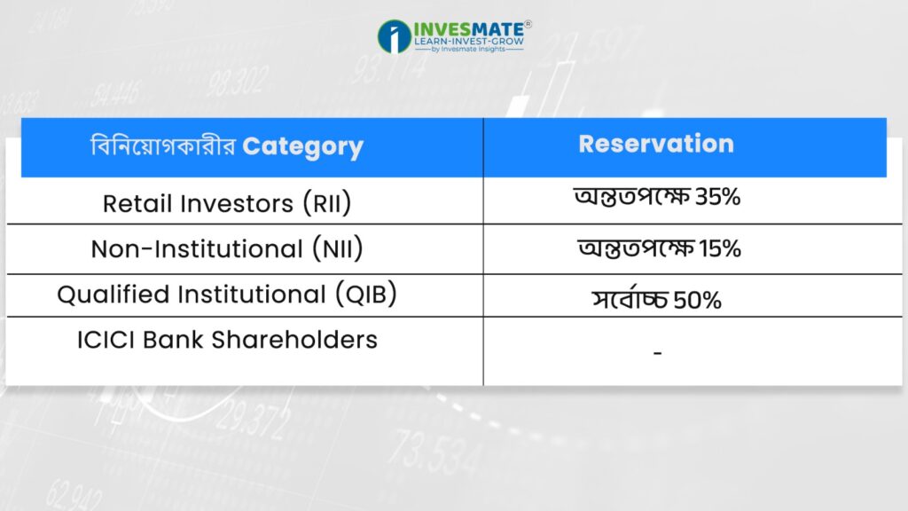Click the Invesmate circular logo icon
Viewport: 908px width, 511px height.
coord(395,36)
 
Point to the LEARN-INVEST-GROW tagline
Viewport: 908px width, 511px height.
coord(469,41)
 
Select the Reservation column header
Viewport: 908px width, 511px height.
coord(656,144)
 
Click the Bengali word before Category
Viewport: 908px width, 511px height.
coord(163,145)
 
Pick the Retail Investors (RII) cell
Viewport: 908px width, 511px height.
coord(227,203)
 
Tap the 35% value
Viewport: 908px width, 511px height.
coord(717,197)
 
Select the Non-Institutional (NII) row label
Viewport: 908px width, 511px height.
coord(227,248)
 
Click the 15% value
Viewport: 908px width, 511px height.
coord(720,248)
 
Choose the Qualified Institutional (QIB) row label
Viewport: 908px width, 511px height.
coord(227,294)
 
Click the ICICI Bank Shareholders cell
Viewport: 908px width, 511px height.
coord(227,340)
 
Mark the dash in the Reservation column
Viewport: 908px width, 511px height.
coord(657,352)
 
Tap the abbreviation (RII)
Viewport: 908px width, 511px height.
coord(327,203)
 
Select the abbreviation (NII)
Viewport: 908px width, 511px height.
coord(338,248)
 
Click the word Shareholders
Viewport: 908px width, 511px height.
coord(294,340)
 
